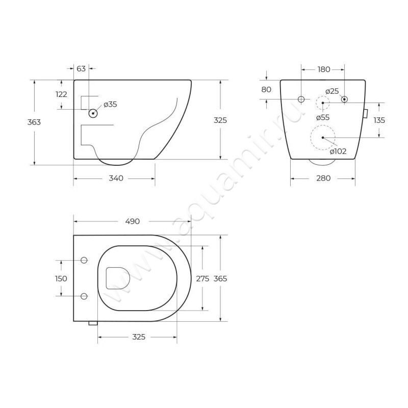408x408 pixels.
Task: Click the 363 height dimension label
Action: pos(34,122)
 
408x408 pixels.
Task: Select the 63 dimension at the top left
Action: pos(81,69)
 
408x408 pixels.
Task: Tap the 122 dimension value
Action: pos(61,94)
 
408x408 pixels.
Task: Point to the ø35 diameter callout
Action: pos(110,105)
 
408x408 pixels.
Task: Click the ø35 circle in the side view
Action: pos(93,113)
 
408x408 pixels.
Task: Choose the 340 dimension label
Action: pos(116,178)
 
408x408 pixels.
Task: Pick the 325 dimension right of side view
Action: pos(220,120)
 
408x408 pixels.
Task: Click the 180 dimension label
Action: pos(324,69)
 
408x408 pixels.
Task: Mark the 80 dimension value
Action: pos(266,90)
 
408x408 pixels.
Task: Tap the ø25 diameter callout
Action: pos(333,91)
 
